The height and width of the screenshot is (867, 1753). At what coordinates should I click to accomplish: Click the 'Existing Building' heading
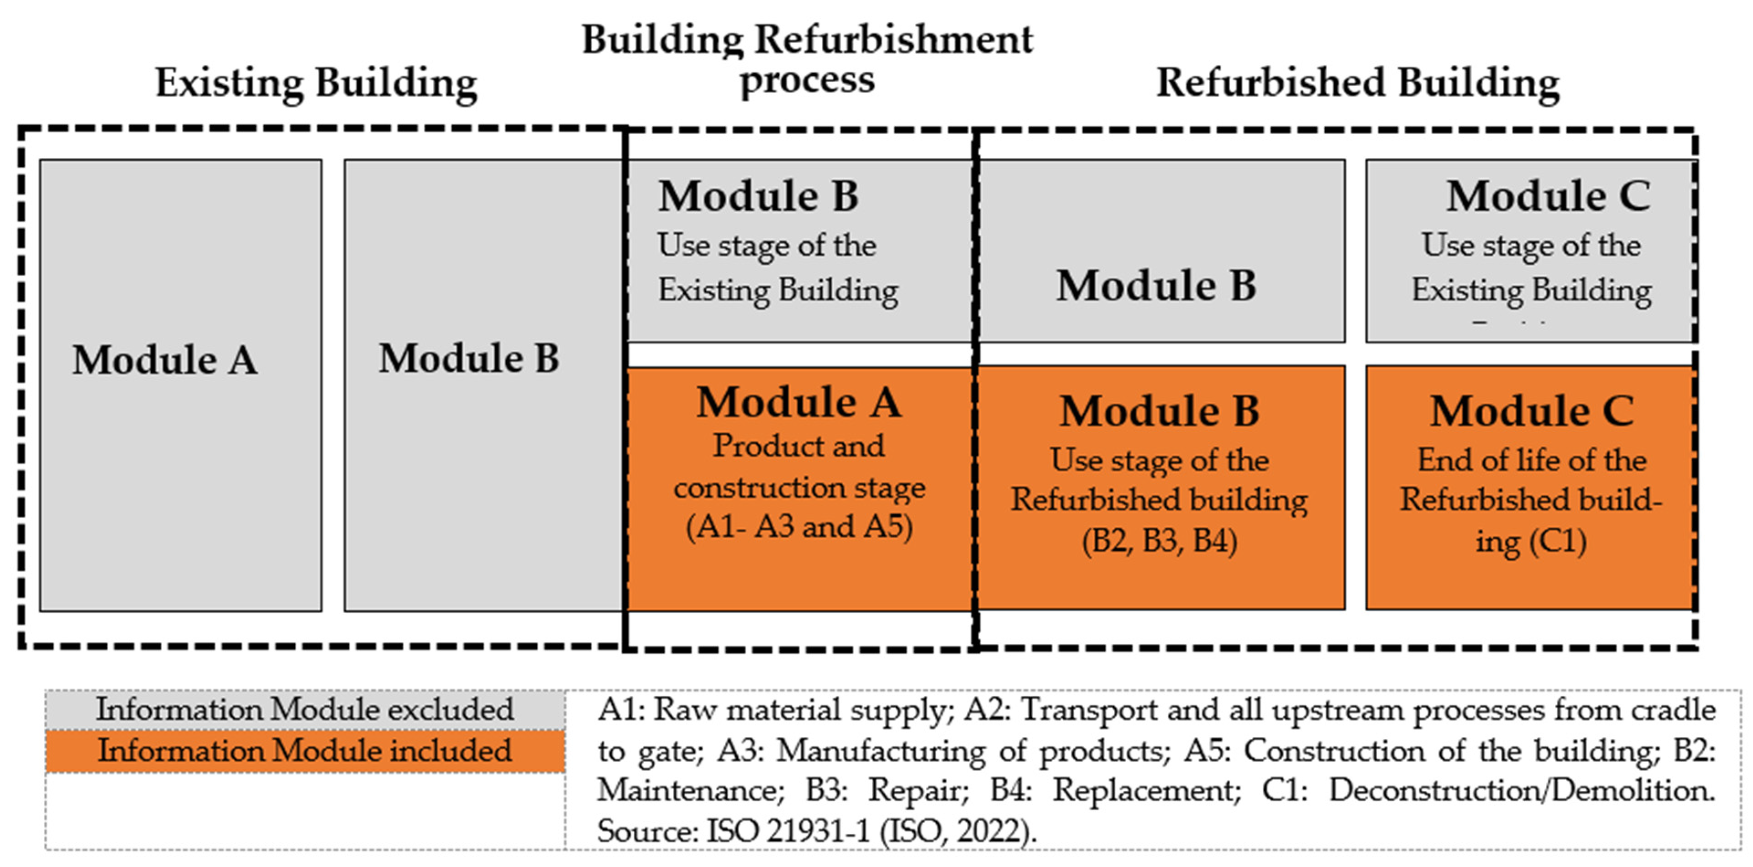point(316,83)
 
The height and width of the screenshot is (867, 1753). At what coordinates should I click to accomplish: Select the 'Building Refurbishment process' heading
point(807,60)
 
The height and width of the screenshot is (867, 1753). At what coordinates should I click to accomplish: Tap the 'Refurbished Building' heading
point(1358,83)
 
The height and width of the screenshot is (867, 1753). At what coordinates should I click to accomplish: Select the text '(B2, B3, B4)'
point(1160,541)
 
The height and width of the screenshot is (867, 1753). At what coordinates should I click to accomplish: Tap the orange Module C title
point(1531,412)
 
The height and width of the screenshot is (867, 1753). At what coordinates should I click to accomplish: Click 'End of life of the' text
point(1531,461)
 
